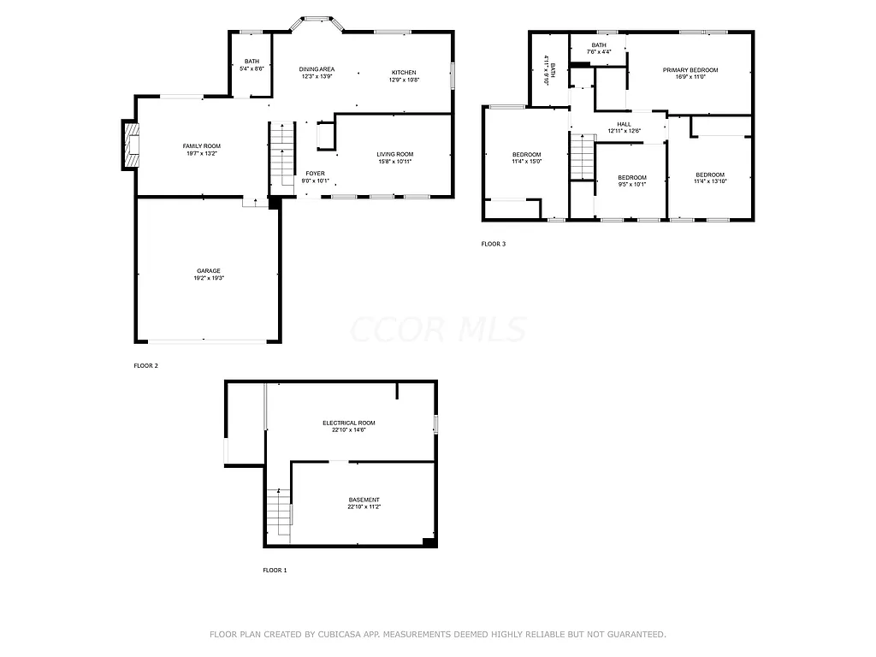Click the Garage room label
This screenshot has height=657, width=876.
tap(209, 270)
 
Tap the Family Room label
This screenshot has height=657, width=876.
tap(201, 146)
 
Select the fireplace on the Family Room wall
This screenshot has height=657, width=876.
tap(130, 146)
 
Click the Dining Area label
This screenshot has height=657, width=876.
tap(317, 69)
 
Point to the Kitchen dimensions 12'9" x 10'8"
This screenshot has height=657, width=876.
tap(404, 80)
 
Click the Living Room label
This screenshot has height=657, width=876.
tap(394, 154)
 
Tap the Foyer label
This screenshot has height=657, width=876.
tap(315, 174)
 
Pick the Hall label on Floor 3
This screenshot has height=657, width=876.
tap(624, 124)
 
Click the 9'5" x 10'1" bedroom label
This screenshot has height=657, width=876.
tap(631, 177)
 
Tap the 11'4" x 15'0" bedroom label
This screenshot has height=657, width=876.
tap(526, 154)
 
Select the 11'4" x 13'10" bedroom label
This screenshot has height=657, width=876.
tap(709, 175)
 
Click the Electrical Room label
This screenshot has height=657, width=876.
tap(348, 423)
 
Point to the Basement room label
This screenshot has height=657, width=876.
tap(364, 500)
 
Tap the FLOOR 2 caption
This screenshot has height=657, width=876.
tap(145, 365)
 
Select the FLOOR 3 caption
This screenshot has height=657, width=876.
tap(493, 244)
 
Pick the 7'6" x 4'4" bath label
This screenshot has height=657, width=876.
tap(599, 44)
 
